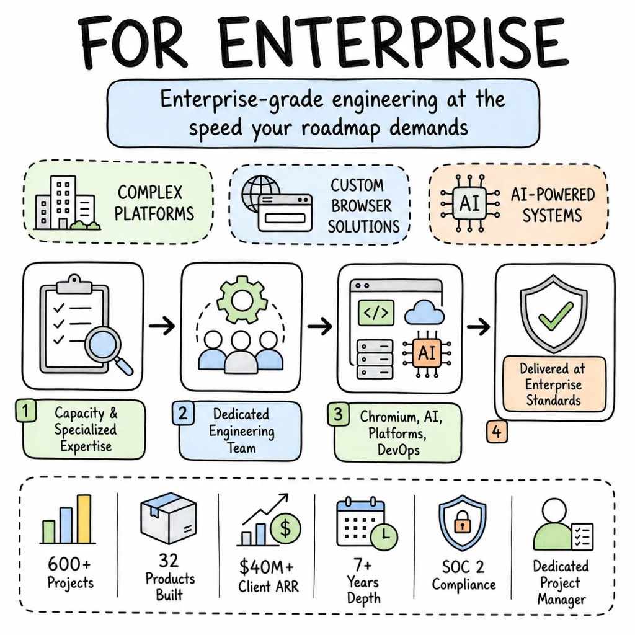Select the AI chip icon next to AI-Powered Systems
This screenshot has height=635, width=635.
coord(469,203)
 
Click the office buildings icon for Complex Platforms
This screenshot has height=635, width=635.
coord(66,203)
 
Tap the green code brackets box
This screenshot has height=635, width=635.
coord(376,313)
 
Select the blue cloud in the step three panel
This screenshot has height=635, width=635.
coord(419,312)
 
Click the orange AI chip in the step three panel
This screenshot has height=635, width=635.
coord(427,353)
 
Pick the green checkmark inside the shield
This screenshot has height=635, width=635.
coord(555,316)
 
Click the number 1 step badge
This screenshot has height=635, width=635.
coord(25,411)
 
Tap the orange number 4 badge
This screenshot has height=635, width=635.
coord(497,432)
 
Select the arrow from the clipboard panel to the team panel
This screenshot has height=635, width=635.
coord(162,326)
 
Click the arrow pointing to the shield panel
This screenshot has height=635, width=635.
coord(478,326)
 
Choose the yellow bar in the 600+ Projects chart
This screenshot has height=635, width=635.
coord(84,519)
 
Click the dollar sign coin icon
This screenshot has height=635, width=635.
coord(285,528)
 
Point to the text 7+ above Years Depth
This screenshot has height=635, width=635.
coord(362,564)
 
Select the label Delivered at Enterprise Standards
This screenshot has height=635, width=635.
coord(554,384)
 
